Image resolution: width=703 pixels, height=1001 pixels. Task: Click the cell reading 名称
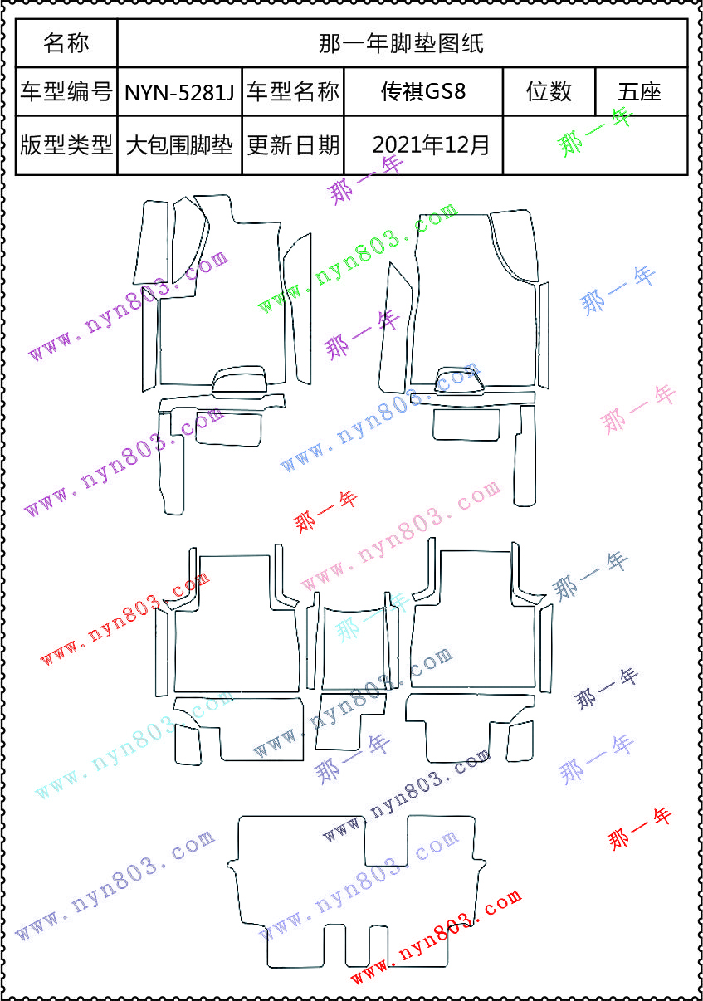coord(66,43)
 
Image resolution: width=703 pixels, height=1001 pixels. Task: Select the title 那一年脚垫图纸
coord(401,44)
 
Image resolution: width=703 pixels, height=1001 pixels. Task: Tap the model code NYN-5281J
coord(179,92)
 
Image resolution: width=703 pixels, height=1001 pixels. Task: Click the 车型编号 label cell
coord(66,91)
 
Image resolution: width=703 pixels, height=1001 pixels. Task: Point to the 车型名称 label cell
coord(293,91)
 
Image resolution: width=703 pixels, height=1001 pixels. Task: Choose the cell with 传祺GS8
coord(423,91)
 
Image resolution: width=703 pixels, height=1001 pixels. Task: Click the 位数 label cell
coord(549,91)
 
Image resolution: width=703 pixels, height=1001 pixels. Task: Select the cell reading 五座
coord(640,92)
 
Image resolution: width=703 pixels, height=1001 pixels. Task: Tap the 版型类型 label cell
coord(66,145)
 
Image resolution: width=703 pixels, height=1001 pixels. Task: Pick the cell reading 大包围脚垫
coord(179,146)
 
